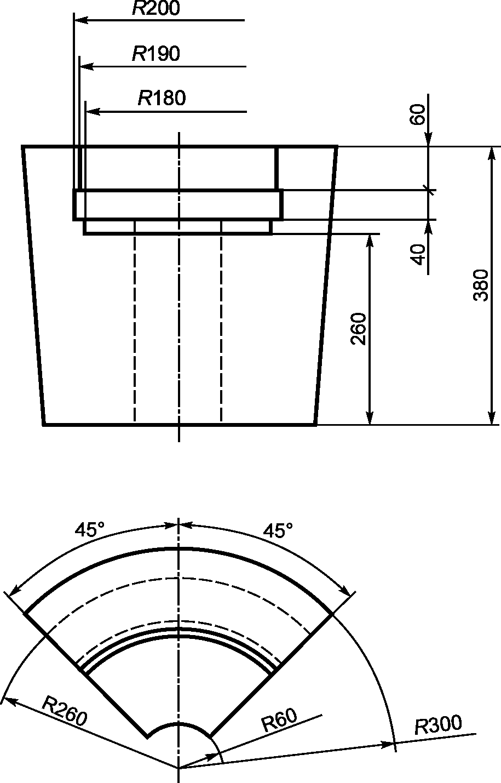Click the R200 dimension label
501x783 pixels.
point(156,8)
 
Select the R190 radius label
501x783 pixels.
point(156,54)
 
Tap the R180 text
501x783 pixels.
point(162,98)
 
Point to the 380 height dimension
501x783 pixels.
point(481,285)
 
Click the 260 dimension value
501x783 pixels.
point(358,329)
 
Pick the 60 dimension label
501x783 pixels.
point(417,115)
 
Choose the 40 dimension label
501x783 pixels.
point(418,254)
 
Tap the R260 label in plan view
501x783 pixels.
point(64,710)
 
